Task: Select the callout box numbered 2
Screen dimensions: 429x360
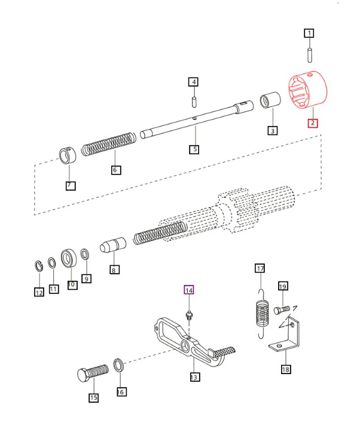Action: pos(312,124)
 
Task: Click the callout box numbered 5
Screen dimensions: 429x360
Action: pos(194,149)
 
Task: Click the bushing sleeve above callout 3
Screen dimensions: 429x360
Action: pos(271,101)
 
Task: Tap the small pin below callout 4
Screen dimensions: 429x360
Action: pos(194,96)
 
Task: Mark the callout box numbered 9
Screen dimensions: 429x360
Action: pos(87,278)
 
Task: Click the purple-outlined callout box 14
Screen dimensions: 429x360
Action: pos(189,290)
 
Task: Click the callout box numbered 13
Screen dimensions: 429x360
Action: pos(194,377)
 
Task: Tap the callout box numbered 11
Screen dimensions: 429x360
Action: pos(54,289)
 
